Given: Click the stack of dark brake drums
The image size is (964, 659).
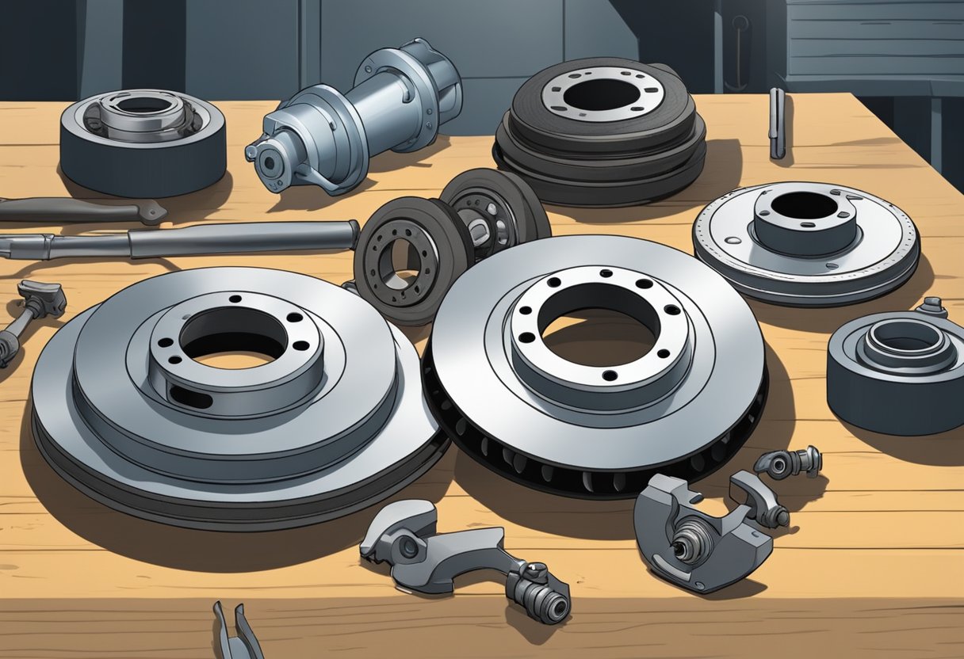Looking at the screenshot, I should [x=601, y=131].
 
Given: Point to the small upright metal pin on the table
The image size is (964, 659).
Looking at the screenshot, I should [x=777, y=124].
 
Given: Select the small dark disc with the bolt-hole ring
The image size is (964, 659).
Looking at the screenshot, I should [x=404, y=257].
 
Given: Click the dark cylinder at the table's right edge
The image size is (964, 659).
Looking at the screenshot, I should [x=896, y=372].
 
